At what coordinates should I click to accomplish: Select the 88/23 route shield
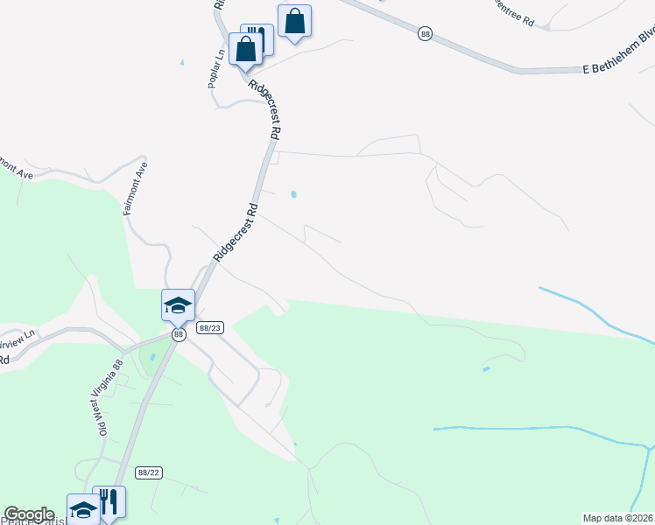tap(210, 328)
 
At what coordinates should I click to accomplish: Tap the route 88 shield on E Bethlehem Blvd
tap(426, 33)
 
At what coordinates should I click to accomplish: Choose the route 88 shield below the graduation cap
tap(179, 333)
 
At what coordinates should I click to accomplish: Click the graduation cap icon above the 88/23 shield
tap(178, 304)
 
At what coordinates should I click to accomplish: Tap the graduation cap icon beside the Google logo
tap(83, 508)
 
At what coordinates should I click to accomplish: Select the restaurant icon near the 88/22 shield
tap(109, 500)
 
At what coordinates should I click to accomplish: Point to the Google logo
tap(29, 514)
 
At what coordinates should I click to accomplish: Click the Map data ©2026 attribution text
tap(618, 518)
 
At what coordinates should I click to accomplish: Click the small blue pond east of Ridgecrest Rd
tap(293, 194)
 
